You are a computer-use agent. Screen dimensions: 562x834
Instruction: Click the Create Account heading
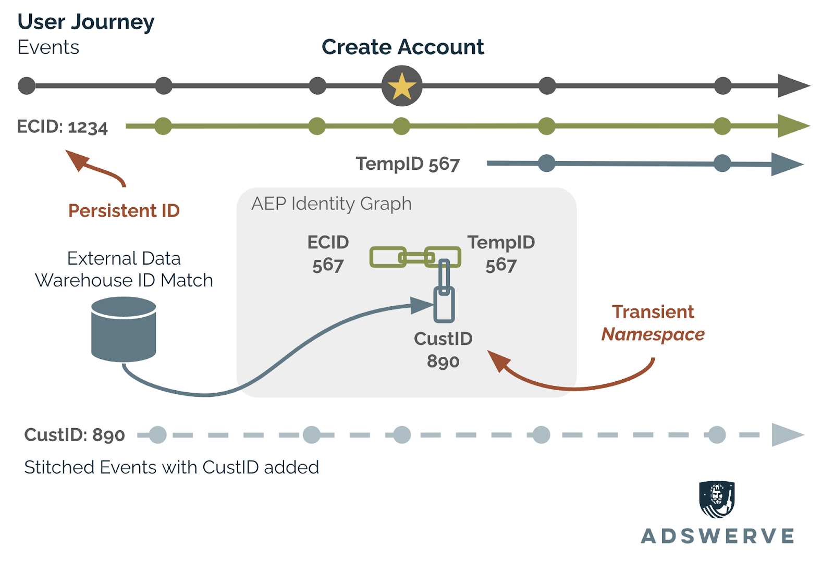coord(402,47)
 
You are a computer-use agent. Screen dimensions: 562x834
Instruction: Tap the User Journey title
coord(86,22)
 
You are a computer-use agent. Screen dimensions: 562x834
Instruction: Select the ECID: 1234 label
coord(63,127)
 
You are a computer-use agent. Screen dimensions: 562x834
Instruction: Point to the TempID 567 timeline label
coord(408,164)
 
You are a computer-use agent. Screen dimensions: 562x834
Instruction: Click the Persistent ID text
coord(124,210)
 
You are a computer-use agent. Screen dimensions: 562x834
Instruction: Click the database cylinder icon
coord(124,329)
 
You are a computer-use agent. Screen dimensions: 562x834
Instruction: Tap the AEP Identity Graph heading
coord(332,204)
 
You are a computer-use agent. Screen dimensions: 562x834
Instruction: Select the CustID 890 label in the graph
coord(443,349)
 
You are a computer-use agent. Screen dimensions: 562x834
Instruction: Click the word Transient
coord(653,311)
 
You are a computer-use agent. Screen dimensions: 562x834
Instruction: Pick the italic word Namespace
coord(653,334)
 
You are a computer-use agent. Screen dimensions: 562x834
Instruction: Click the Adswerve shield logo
coord(717,499)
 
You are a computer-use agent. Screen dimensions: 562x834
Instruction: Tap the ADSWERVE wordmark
coord(717,536)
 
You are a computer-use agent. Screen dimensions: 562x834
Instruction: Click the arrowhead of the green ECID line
coord(792,126)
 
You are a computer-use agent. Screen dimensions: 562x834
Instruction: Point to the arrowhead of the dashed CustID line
coord(787,434)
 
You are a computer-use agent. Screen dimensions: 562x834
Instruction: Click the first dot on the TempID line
coord(546,164)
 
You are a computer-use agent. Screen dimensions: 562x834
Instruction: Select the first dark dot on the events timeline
coord(27,86)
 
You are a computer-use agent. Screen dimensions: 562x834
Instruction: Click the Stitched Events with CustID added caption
coord(171,467)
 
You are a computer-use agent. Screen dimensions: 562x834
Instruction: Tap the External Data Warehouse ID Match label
coord(124,269)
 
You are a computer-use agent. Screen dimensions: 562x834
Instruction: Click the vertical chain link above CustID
coord(444,279)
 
